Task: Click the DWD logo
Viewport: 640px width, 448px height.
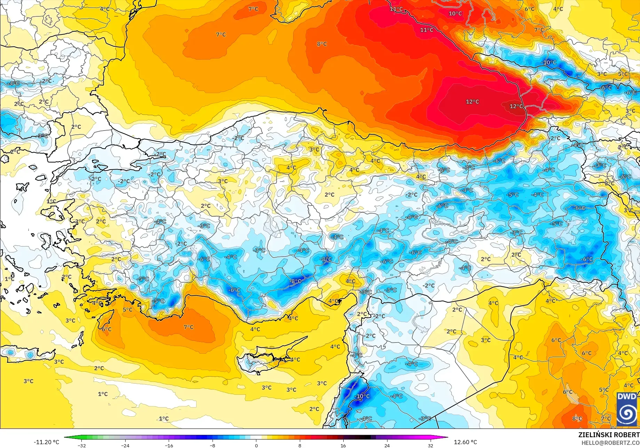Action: [x=627, y=409]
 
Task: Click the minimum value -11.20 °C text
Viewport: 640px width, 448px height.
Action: [x=46, y=442]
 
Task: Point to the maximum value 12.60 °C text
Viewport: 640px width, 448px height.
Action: [x=465, y=442]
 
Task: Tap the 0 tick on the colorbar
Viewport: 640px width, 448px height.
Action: [x=256, y=445]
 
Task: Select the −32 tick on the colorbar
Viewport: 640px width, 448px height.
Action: [x=82, y=445]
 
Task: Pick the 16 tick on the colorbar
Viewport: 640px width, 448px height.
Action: [x=343, y=445]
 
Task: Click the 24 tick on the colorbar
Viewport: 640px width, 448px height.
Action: [x=387, y=445]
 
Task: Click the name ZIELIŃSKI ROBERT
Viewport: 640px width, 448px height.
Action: [x=609, y=435]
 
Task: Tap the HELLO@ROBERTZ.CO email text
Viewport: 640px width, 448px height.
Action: [x=610, y=442]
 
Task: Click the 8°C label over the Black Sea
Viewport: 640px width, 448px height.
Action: [x=322, y=44]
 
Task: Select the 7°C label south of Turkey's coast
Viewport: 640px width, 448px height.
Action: [x=189, y=327]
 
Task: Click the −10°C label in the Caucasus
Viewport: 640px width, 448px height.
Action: [x=549, y=62]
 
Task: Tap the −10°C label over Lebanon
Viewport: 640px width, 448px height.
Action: [x=362, y=396]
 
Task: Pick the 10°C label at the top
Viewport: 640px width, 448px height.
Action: [x=455, y=14]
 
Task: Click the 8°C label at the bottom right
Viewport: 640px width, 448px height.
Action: [x=577, y=418]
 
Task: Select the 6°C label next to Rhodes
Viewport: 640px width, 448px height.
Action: [x=106, y=329]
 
